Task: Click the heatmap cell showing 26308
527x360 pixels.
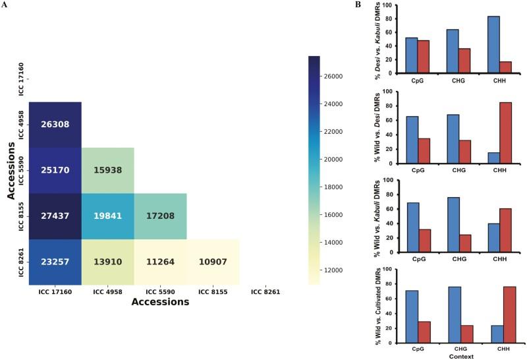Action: click(x=55, y=125)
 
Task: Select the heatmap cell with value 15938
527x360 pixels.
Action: click(x=107, y=170)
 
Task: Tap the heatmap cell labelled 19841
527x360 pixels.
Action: click(x=107, y=216)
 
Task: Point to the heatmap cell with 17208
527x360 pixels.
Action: click(x=160, y=216)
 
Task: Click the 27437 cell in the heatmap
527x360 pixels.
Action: click(x=55, y=216)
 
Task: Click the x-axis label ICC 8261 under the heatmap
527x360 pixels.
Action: click(x=265, y=291)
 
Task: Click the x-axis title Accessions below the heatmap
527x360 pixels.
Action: click(x=160, y=302)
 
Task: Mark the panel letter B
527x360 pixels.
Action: click(x=358, y=5)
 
